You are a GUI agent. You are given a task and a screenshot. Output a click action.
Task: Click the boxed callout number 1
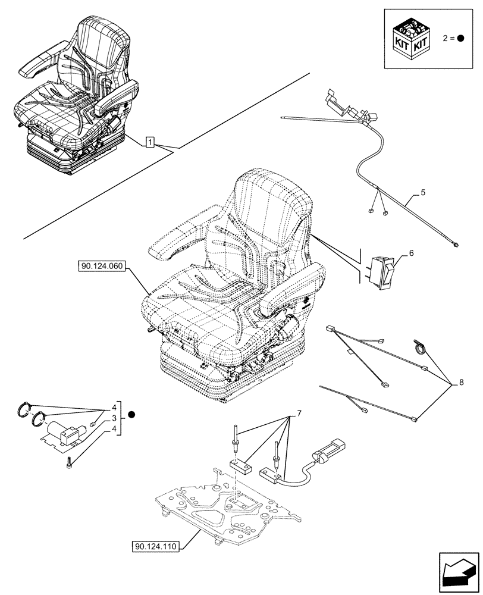[151, 142]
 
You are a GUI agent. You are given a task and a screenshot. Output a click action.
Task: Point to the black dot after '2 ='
[461, 38]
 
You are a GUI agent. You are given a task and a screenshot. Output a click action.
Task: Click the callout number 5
[422, 192]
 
